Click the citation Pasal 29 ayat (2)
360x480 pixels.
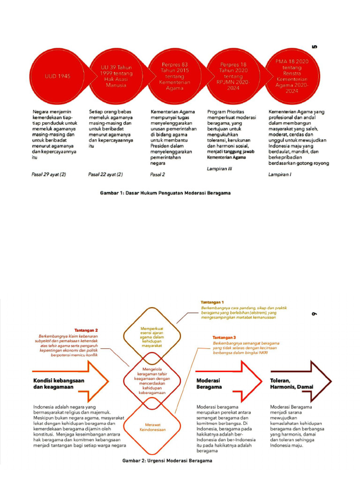[49, 174]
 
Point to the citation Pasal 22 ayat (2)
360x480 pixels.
[105, 174]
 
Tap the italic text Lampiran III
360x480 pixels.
[220, 169]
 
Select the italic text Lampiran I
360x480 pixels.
[279, 174]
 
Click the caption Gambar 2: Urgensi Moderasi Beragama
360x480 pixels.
[167, 461]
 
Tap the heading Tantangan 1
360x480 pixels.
[212, 302]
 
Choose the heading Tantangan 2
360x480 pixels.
[86, 330]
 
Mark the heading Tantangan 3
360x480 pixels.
[225, 337]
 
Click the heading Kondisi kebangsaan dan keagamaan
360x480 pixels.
[59, 384]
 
